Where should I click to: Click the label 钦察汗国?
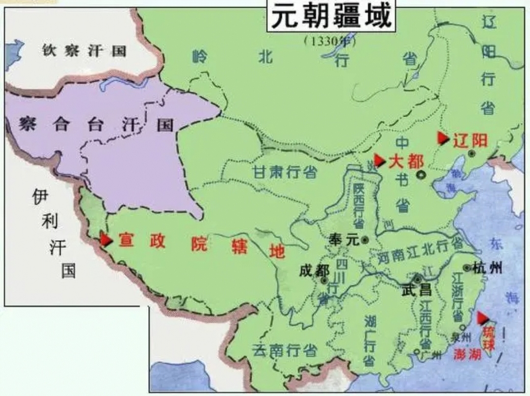coord(84,51)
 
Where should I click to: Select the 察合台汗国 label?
coord(96,124)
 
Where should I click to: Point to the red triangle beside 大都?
coord(379,161)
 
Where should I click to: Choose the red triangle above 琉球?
coord(482,318)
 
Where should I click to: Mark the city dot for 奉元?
coord(365,240)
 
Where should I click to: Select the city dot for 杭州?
coord(467,268)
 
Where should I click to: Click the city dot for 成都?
coord(324,281)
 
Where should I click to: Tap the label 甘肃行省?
coord(285,172)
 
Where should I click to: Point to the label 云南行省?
coord(284,350)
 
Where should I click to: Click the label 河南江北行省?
coord(420,252)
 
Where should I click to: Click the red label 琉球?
coord(488,338)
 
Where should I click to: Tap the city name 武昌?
coord(417,290)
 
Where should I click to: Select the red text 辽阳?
coord(470,141)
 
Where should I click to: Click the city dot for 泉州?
coord(463,327)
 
